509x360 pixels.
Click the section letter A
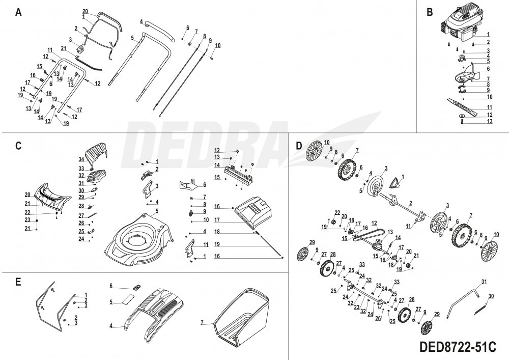click(x=19, y=12)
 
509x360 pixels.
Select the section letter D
click(x=299, y=145)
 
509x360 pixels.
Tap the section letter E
click(x=19, y=281)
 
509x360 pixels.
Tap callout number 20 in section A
click(x=85, y=11)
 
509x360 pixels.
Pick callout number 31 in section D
click(x=484, y=282)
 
